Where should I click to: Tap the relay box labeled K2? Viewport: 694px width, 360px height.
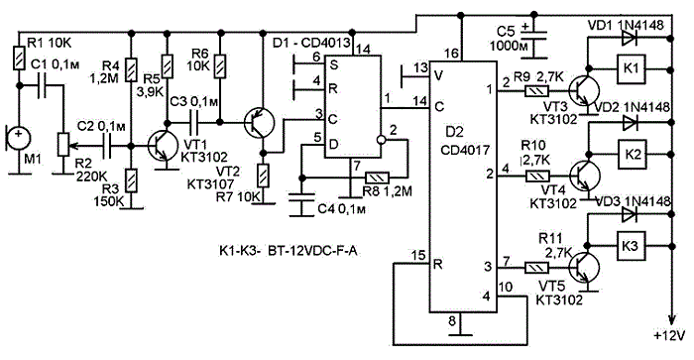coord(633,154)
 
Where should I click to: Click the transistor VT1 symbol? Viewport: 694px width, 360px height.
coord(161,146)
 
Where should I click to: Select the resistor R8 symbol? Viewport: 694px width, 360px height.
coord(377,178)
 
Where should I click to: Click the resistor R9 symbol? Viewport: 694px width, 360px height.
coord(536,91)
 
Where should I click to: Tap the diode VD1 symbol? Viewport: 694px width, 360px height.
coord(629,39)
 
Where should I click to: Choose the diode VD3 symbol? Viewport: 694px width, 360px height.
coord(629,215)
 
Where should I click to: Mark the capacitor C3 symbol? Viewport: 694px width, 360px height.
coord(194,122)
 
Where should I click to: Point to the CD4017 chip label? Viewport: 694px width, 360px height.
coord(465,149)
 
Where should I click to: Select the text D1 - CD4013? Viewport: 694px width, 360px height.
coord(311,43)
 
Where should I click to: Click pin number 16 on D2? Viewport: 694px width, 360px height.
coord(451,54)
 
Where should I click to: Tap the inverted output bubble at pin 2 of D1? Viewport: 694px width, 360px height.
coord(381,140)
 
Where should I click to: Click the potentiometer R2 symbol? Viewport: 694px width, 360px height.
coord(63,144)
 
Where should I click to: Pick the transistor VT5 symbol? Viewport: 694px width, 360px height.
coord(583,268)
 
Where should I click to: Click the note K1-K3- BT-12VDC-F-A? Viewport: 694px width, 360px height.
coord(289,251)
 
